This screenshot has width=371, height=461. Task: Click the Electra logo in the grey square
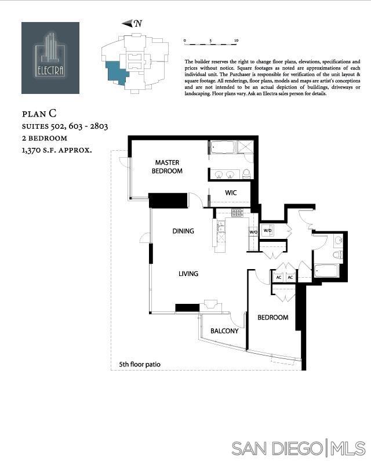(50, 57)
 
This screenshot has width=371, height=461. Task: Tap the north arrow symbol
(132, 23)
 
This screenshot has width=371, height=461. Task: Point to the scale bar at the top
(210, 42)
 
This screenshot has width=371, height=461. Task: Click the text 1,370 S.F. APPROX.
(57, 150)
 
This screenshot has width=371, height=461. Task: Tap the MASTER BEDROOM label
(167, 167)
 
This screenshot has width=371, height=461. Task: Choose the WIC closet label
(231, 193)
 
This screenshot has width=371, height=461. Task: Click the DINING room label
(183, 231)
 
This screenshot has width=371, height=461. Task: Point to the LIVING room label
(188, 274)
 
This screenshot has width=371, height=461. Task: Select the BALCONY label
(224, 331)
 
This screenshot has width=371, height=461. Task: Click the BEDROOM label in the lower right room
(272, 318)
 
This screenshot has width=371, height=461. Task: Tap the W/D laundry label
(268, 230)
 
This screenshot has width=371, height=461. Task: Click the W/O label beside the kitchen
(253, 233)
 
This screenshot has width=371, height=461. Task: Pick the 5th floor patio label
(140, 365)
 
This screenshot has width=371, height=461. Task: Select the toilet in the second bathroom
(338, 254)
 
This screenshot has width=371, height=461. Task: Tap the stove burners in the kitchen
(237, 213)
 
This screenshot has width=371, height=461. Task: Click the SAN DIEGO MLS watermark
(298, 448)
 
